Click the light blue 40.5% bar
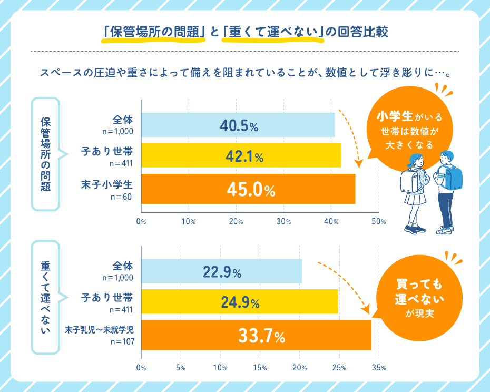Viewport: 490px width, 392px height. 238,125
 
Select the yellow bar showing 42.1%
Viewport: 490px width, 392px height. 241,155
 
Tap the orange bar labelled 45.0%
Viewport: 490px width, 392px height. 248,189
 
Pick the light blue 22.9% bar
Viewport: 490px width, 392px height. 221,272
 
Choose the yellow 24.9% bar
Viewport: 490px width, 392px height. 239,302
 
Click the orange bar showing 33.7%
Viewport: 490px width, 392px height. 256,335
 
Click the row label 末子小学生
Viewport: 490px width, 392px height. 110,185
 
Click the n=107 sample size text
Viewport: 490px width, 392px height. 122,341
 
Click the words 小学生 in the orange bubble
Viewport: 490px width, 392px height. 393,115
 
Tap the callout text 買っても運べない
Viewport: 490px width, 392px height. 419,293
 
